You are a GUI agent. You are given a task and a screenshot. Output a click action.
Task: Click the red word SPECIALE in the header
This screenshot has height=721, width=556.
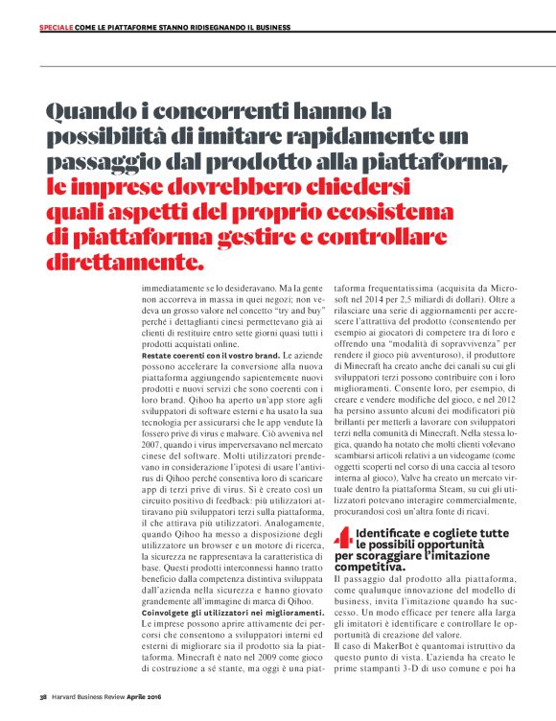point(55,28)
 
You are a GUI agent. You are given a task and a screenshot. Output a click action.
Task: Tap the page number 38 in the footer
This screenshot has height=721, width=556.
point(43,697)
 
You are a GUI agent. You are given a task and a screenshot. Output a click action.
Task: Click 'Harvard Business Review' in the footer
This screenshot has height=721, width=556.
point(88,697)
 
